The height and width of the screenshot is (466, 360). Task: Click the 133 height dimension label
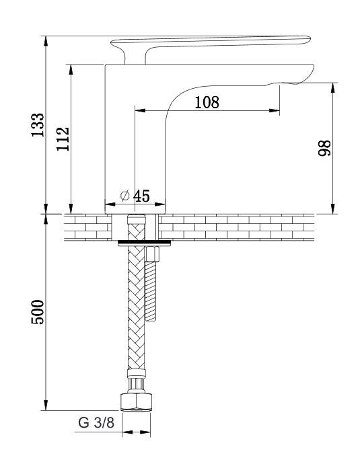coord(38,125)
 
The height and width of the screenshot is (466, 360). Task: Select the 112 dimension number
coord(63,139)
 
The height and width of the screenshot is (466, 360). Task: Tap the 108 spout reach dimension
coord(207,102)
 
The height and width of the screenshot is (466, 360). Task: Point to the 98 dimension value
coord(324,148)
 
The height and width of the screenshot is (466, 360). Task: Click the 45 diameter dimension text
coord(141,196)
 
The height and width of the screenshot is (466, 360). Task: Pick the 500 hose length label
coord(38,312)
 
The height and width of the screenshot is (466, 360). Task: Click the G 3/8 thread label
coord(96,422)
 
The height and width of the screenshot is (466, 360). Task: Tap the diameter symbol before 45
coord(125,196)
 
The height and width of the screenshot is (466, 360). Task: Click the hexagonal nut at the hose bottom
coord(137,402)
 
